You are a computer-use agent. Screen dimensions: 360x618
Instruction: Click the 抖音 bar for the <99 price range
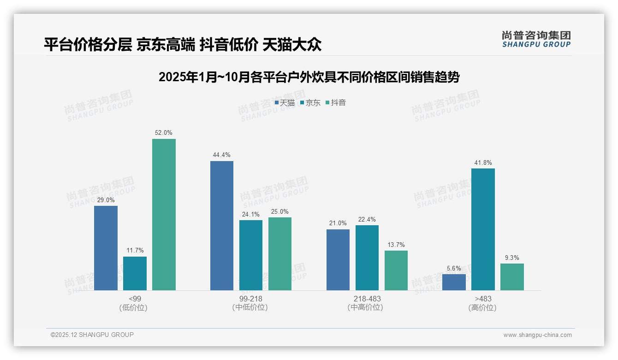coord(164,215)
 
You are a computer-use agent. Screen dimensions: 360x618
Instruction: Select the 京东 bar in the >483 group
coord(483,229)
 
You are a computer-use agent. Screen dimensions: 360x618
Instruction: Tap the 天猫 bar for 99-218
coord(222,226)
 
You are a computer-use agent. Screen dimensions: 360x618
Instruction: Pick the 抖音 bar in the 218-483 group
coord(396,270)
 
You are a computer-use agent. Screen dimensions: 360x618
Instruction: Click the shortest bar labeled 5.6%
coord(454,282)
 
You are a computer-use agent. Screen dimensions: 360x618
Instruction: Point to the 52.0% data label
coord(164,133)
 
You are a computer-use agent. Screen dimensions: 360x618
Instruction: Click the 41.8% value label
coord(483,162)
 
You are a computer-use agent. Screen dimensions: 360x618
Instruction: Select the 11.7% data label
coord(135,251)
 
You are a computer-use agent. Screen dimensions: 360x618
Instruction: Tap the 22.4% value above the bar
coord(367,219)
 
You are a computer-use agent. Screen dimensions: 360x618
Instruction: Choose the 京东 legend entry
coord(310,103)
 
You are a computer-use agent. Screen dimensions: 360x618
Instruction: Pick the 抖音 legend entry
coord(336,103)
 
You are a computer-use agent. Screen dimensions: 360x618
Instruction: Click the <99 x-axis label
coord(135,299)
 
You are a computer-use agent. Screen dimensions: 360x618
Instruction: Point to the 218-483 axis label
coord(367,299)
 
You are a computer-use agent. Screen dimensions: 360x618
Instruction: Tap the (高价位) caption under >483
coord(483,308)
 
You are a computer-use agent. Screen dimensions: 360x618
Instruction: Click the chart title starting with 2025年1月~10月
coord(309,77)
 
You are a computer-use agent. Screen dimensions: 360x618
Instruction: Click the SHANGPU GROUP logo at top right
coord(536,39)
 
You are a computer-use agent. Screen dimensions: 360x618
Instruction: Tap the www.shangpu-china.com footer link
coord(537,335)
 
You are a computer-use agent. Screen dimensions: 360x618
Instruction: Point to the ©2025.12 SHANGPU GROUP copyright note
coord(92,335)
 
